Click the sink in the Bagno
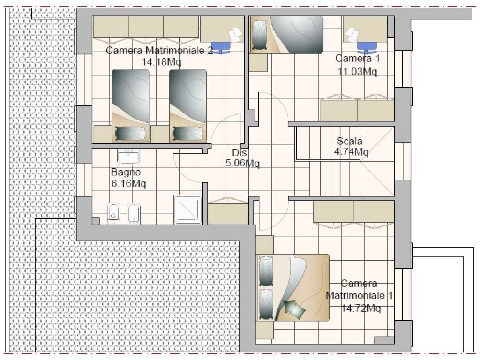128,157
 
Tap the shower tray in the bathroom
188,210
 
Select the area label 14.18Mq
161,62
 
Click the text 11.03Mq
357,72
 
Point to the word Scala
350,141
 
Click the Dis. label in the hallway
240,152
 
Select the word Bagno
126,172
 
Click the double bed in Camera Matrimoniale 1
293,287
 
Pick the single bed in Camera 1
287,35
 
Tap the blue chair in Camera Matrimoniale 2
221,47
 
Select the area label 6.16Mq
128,184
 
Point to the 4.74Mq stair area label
351,152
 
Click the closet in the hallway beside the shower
228,211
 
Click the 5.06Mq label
242,163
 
